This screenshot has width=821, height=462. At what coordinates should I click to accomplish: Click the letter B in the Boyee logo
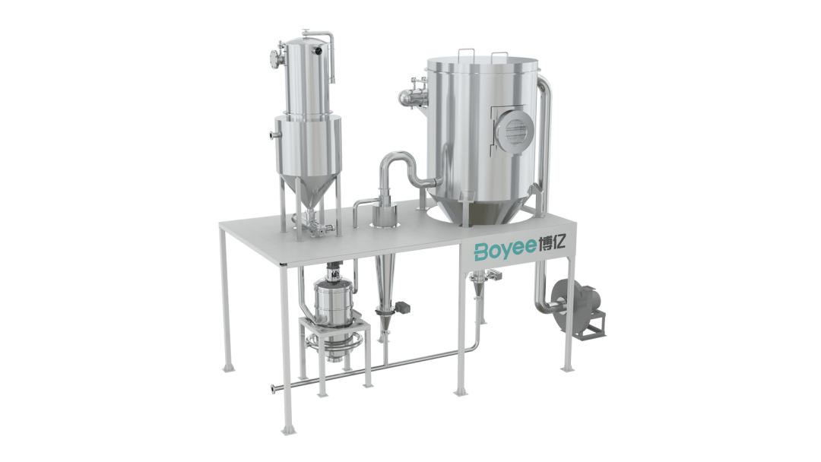[482, 252]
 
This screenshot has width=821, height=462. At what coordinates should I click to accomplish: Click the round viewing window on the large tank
[514, 129]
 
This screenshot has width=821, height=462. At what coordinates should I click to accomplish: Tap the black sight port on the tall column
[317, 51]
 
